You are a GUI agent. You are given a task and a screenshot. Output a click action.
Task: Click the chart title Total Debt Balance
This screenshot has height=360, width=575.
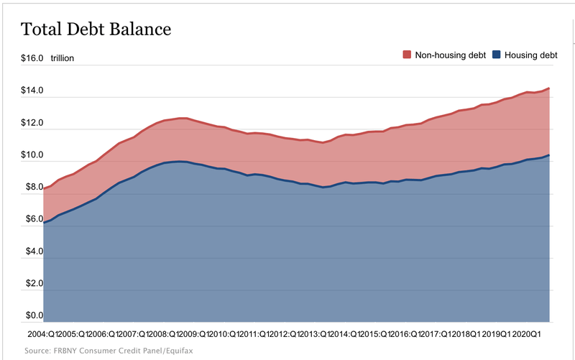tap(96, 29)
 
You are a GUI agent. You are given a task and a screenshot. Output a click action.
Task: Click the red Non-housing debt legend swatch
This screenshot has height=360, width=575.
tap(407, 55)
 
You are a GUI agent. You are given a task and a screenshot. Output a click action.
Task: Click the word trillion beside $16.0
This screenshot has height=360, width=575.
tap(63, 58)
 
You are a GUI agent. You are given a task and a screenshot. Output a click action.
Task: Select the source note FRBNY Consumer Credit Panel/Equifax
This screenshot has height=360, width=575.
tap(109, 351)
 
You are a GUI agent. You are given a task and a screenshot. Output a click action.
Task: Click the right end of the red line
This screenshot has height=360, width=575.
tap(550, 88)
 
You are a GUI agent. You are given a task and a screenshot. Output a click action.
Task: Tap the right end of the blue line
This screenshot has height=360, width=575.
tap(550, 155)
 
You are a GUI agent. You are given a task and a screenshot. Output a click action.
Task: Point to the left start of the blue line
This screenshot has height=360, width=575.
tap(44, 223)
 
